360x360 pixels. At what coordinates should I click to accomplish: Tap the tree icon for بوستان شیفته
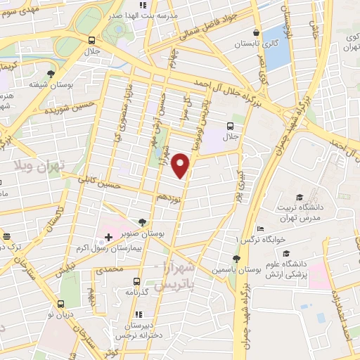(x=51, y=73)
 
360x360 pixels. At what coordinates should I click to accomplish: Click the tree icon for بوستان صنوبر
(x=143, y=222)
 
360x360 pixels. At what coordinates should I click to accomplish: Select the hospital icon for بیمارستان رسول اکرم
(x=108, y=238)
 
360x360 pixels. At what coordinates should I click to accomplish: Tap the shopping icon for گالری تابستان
(x=257, y=32)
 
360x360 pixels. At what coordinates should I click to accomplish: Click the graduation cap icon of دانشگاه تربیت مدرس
(x=300, y=198)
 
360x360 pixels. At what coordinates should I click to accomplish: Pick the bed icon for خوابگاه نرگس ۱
(x=260, y=229)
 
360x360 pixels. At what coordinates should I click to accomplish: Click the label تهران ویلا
(x=39, y=167)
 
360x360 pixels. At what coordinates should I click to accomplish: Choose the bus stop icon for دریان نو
(x=60, y=304)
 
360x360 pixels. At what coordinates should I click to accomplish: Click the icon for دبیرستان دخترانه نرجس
(x=139, y=314)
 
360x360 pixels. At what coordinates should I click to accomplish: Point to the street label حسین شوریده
(x=69, y=108)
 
